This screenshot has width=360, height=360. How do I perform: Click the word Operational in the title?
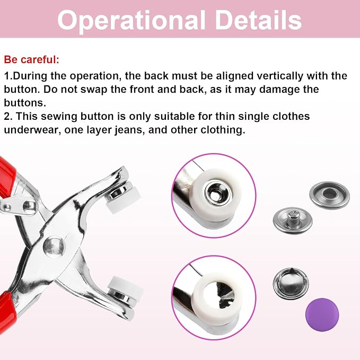tap(131, 21)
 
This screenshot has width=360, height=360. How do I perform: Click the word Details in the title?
tap(258, 20)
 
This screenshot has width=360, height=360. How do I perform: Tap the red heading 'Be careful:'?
tap(32, 60)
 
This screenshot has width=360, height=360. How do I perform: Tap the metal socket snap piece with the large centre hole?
tap(329, 195)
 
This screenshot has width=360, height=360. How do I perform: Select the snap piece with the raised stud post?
tap(293, 220)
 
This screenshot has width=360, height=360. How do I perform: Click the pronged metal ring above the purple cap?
tap(291, 284)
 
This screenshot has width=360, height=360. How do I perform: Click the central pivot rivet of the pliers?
tap(54, 247)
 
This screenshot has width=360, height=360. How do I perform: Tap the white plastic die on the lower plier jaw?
tap(125, 286)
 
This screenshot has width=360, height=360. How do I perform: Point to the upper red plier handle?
tap(7, 177)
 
